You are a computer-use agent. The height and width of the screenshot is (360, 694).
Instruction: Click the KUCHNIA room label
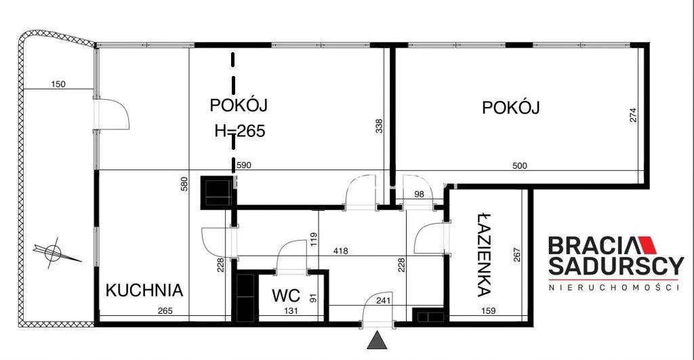pyautogui.click(x=144, y=290)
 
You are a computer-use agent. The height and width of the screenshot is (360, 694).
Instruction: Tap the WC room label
pyautogui.click(x=286, y=296)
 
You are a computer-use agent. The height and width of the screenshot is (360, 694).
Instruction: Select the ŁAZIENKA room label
pyautogui.click(x=485, y=255)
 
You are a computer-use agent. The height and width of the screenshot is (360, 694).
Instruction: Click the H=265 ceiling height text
pyautogui.click(x=240, y=131)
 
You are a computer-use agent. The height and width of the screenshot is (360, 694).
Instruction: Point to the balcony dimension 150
pyautogui.click(x=58, y=84)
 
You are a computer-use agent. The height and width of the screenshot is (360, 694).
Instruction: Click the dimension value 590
pyautogui.click(x=244, y=165)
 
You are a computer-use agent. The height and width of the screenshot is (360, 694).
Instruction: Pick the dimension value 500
pyautogui.click(x=520, y=165)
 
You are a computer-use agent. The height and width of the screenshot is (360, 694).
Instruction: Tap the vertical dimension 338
pyautogui.click(x=379, y=126)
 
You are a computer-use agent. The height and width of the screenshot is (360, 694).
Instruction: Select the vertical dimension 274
pyautogui.click(x=634, y=115)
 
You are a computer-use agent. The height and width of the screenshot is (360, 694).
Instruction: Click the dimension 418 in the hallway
pyautogui.click(x=340, y=251)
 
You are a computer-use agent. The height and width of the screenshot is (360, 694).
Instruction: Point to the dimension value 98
pyautogui.click(x=418, y=194)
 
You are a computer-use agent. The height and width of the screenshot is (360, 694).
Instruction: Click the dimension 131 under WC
pyautogui.click(x=291, y=311)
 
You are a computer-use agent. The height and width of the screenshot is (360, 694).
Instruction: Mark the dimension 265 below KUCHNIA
pyautogui.click(x=165, y=311)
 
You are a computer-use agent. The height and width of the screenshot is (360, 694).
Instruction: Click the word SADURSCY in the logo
pyautogui.click(x=615, y=266)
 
